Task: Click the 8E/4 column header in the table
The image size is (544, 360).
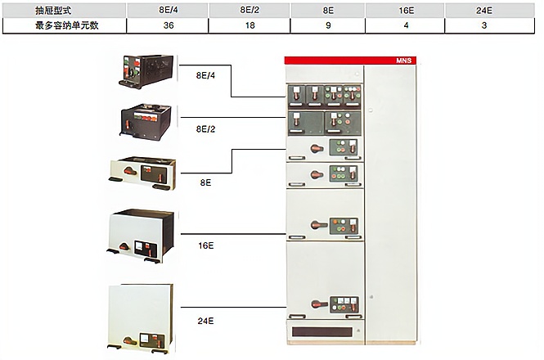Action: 169,10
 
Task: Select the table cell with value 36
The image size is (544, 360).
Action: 169,25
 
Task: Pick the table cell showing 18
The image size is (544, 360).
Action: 250,25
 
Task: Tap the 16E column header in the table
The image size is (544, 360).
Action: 406,11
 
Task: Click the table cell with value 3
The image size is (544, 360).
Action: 484,25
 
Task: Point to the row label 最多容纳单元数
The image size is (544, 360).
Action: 66,25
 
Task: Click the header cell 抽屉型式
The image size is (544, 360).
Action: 53,11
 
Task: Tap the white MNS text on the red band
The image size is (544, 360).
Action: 404,61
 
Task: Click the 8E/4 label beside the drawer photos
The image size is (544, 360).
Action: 205,75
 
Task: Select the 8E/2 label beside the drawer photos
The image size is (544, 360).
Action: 205,129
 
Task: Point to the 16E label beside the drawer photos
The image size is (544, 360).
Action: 205,245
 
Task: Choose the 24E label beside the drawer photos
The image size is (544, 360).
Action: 205,321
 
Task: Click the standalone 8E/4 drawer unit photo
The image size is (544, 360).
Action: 146,72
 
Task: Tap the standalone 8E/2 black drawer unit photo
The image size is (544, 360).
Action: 146,122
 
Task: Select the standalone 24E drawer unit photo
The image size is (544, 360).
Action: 140,319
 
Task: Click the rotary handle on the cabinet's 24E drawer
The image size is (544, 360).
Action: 319,304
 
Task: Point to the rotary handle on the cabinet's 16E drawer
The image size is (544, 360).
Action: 319,225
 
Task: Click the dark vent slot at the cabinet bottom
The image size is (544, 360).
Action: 322,332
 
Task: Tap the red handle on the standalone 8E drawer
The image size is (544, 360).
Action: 130,171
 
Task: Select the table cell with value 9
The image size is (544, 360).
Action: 328,25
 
